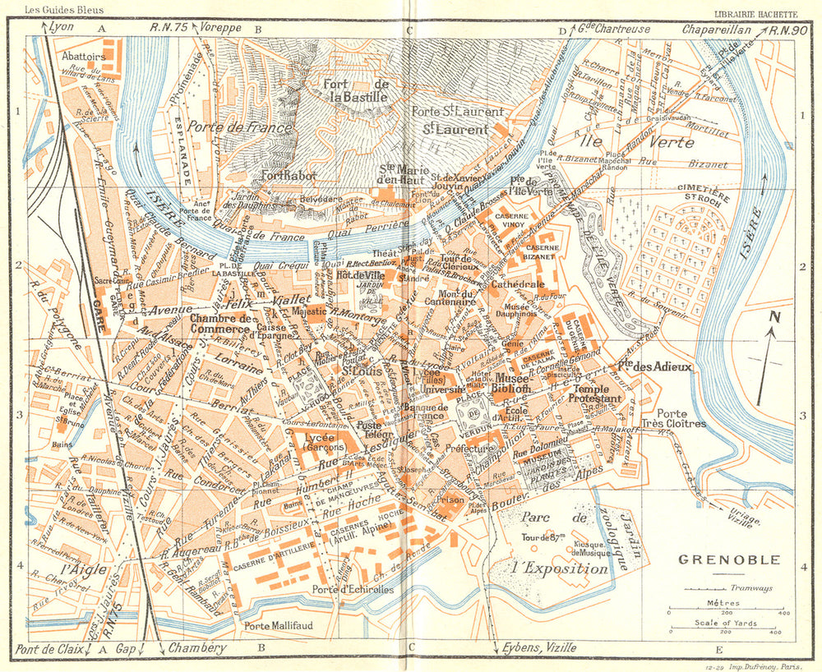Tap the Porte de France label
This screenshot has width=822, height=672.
239,127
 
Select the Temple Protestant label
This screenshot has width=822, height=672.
603,394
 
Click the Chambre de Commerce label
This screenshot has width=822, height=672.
220,324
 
